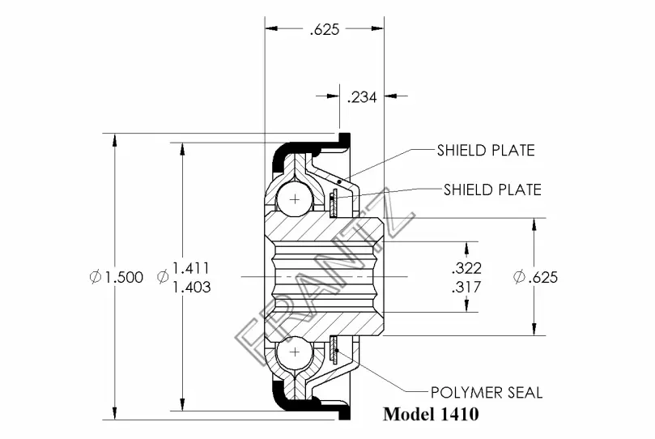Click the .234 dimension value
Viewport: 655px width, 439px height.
[362, 97]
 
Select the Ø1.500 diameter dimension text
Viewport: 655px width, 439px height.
[117, 276]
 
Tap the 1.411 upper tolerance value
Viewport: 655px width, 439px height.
[191, 268]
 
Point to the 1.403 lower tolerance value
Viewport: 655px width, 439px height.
[192, 287]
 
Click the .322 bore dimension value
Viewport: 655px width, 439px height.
[466, 268]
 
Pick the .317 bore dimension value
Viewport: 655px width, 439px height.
[466, 287]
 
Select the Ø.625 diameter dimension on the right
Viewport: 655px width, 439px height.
[535, 276]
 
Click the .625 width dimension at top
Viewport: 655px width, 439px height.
[325, 30]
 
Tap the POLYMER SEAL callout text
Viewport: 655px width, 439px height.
[487, 393]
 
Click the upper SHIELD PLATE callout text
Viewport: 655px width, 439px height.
[486, 151]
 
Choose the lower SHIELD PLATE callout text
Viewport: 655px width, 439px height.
[492, 190]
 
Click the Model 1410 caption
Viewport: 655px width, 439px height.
[431, 414]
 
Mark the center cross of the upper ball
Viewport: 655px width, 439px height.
[295, 199]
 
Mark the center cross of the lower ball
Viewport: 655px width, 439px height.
[295, 352]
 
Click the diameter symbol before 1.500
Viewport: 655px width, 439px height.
[96, 276]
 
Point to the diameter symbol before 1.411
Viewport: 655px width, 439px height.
[163, 276]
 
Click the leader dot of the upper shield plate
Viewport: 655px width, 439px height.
[339, 181]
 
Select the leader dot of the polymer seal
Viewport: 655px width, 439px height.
[337, 351]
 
